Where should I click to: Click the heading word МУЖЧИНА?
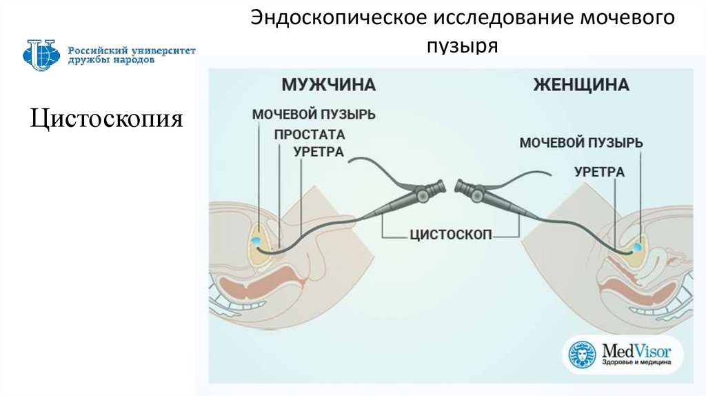tap(327, 85)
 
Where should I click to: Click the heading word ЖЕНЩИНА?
tap(581, 85)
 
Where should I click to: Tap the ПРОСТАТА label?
tap(309, 134)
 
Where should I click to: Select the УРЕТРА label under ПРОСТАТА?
tap(319, 151)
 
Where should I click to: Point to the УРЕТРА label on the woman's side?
tap(600, 172)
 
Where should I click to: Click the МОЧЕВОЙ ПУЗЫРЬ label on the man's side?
tap(314, 114)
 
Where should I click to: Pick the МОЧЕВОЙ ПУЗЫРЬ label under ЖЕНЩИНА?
tap(581, 143)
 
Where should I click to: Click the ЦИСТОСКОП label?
tap(450, 234)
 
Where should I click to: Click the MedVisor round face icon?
tap(581, 355)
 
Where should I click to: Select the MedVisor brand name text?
tap(633, 350)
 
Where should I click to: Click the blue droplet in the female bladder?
tap(637, 245)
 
